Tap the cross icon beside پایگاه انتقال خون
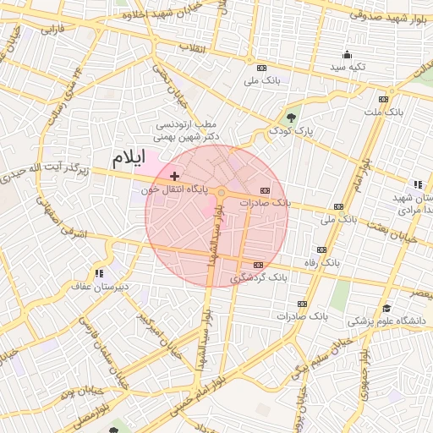click(x=174, y=176)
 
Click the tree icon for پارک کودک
click(x=292, y=118)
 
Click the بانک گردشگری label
click(x=259, y=277)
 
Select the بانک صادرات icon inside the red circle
click(x=265, y=190)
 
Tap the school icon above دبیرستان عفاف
click(x=100, y=272)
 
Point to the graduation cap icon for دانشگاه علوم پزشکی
click(x=386, y=308)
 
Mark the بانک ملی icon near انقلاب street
click(x=261, y=69)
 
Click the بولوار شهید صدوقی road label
click(x=386, y=16)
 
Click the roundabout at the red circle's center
click(x=222, y=194)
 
